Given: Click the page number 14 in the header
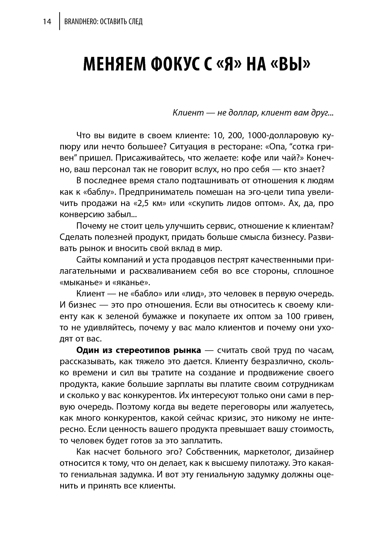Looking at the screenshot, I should tap(47, 22).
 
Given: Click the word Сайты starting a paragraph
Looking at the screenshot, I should tap(88, 260).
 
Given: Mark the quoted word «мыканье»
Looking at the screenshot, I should tap(80, 283).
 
